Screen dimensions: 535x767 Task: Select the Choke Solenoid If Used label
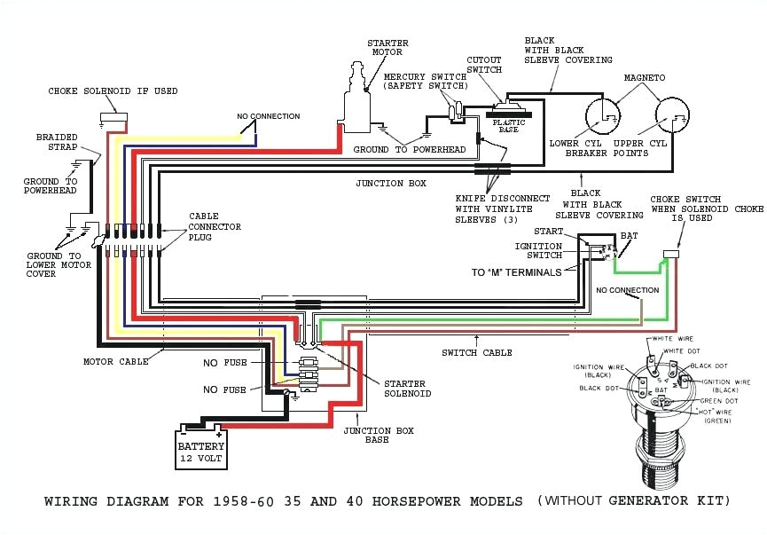point(113,91)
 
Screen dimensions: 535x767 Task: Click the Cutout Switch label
point(484,65)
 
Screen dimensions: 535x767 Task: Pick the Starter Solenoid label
point(407,389)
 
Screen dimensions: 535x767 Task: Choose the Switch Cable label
point(476,352)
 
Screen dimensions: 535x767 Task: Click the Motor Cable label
point(115,362)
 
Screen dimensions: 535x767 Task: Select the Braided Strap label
point(57,143)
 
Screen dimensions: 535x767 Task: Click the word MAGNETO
point(644,78)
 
